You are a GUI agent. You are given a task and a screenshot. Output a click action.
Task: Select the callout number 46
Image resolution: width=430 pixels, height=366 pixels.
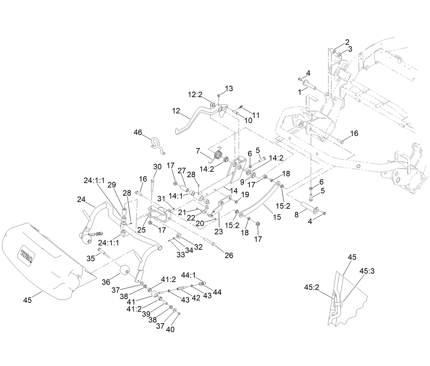pos(138,132)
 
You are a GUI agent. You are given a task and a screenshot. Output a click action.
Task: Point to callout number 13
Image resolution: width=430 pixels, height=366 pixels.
pos(229,89)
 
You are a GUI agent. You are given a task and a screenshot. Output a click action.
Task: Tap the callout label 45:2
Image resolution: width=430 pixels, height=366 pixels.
pos(311,287)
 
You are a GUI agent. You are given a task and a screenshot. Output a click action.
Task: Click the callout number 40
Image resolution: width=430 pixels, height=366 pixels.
pos(170,329)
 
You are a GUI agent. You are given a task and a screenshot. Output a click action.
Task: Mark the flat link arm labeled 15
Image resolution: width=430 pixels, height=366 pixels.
pos(260,202)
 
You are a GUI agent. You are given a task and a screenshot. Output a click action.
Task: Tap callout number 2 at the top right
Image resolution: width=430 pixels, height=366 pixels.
pos(347,42)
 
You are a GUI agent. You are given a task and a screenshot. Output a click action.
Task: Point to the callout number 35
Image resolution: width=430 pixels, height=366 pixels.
pos(91,258)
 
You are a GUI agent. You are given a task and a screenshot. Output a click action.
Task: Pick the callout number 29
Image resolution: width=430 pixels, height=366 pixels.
pos(112,184)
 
